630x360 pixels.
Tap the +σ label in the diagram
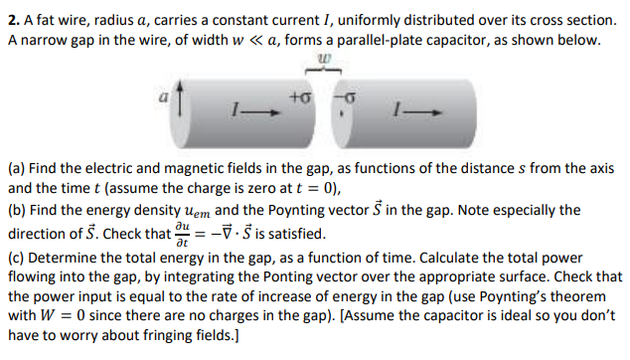coord(298,99)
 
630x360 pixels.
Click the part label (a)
coord(17,168)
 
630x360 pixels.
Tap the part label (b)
coord(17,210)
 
